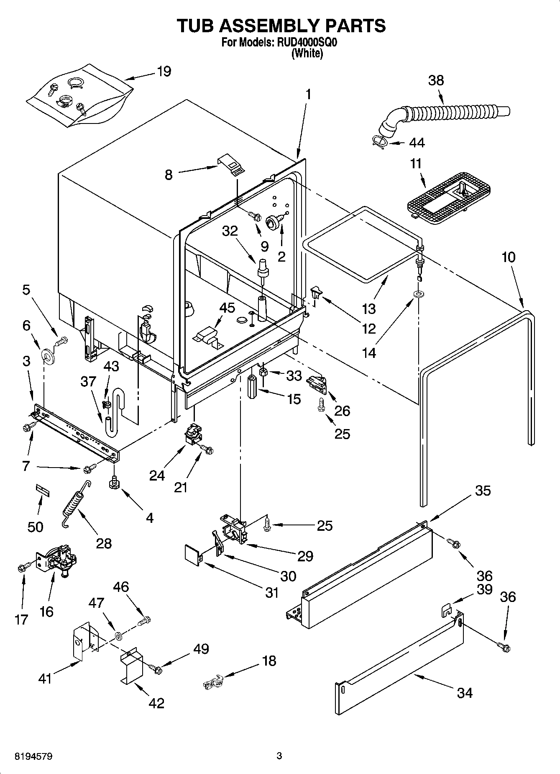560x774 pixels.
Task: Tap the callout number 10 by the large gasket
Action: tap(508, 257)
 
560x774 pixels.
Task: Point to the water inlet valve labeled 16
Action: tap(57, 560)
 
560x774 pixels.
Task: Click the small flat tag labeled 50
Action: tap(42, 490)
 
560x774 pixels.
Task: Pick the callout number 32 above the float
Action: tap(230, 231)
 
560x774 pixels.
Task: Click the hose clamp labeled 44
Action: tap(379, 142)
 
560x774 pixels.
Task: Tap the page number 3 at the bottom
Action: tap(279, 756)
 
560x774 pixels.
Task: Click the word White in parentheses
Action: tap(307, 53)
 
